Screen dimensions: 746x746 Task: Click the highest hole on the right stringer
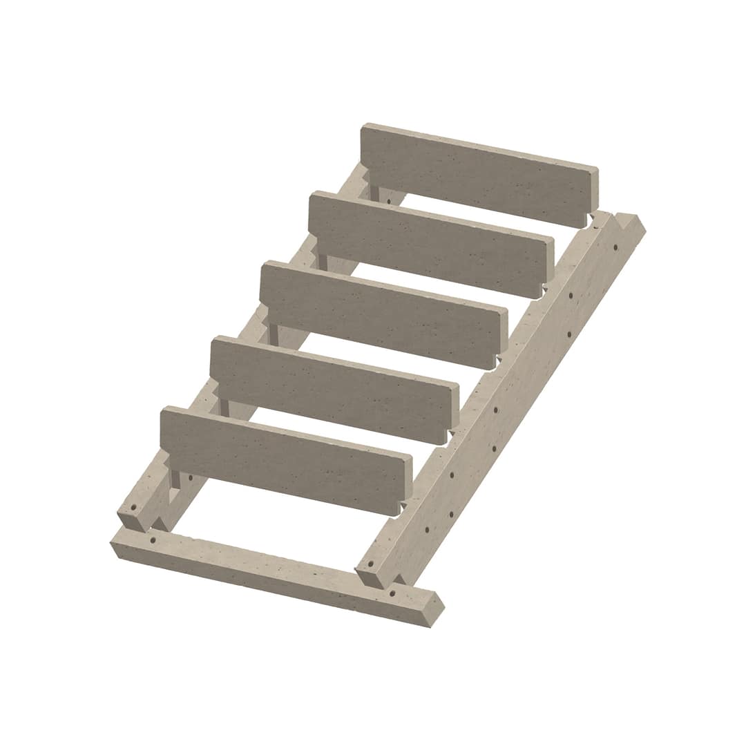point(571,295)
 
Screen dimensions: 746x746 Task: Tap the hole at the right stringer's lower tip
point(372,564)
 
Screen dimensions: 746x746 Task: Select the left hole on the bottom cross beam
point(153,539)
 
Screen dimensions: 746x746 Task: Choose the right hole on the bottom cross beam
point(392,593)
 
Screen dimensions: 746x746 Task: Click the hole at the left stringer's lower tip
point(133,507)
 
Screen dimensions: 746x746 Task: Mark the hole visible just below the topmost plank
point(389,201)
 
